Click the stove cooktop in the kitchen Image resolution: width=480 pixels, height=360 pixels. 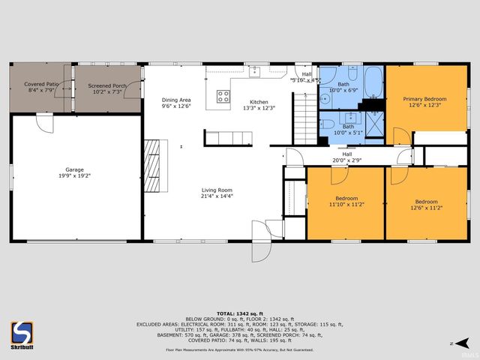pyautogui.click(x=223, y=96)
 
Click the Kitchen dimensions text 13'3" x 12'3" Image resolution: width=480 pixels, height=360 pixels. pyautogui.click(x=259, y=109)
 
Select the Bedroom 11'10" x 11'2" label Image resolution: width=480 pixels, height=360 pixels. pyautogui.click(x=346, y=200)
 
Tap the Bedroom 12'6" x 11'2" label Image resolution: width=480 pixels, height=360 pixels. pyautogui.click(x=426, y=202)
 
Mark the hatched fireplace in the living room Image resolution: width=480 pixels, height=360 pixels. pyautogui.click(x=152, y=166)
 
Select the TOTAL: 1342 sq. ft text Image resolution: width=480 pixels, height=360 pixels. pyautogui.click(x=240, y=312)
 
